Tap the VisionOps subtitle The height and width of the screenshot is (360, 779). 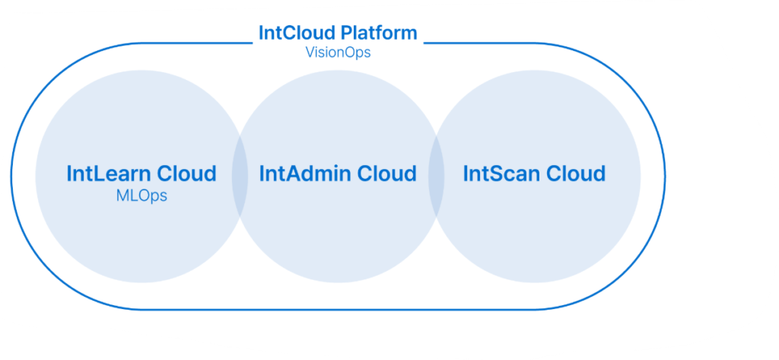pyautogui.click(x=337, y=54)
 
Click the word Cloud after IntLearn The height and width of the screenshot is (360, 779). pyautogui.click(x=186, y=174)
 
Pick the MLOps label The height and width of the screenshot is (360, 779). pyautogui.click(x=141, y=196)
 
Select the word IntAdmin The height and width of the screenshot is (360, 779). pyautogui.click(x=303, y=174)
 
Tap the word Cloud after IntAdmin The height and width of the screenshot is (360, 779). pyautogui.click(x=384, y=174)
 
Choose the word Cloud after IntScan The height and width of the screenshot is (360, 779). pyautogui.click(x=574, y=174)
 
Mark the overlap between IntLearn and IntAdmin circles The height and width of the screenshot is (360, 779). pyautogui.click(x=240, y=174)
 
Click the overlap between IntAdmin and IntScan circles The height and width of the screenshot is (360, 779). pyautogui.click(x=437, y=174)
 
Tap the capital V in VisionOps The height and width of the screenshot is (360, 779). pyautogui.click(x=307, y=54)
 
